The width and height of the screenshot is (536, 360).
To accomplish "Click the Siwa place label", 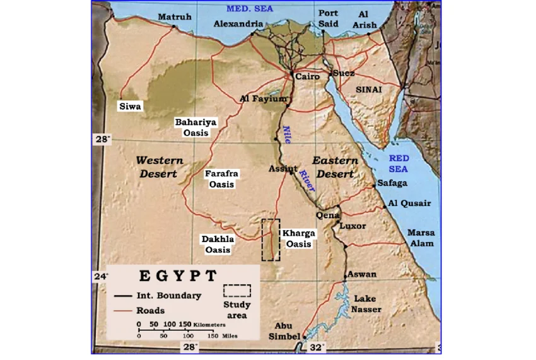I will pos(131,107).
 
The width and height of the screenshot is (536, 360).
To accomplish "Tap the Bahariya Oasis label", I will pos(195,127).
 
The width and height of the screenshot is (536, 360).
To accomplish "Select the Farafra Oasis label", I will pos(221,178).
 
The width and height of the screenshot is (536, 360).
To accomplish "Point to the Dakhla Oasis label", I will pos(218,245).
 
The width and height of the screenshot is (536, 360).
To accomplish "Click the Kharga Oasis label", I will pos(298,238).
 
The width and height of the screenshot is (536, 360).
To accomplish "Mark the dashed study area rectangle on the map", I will pos(271,240).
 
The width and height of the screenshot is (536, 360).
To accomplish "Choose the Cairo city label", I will pos(307,76).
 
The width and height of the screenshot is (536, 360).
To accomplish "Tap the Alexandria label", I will pos(238,23).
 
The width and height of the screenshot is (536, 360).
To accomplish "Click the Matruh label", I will pos(174,16).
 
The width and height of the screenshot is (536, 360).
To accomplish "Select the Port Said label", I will pos(328,18).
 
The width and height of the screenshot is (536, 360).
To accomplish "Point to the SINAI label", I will pos(369,90).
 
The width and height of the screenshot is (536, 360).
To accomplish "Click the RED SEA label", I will pos(399,164).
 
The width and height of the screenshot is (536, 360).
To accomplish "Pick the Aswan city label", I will pos(362,274).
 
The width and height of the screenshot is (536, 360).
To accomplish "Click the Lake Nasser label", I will pos(367,304).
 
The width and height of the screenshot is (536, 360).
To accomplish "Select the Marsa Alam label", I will pos(420,238).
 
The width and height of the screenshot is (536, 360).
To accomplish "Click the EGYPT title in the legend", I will pos(178,276).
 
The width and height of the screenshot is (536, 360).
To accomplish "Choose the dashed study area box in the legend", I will pos(237,291).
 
